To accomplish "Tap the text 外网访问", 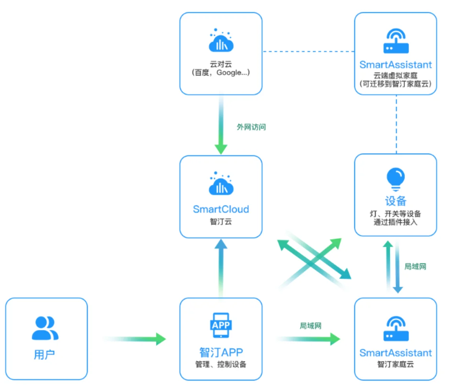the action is tap(251, 127).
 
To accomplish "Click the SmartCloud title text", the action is tap(221, 209).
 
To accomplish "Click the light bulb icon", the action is tap(396, 179).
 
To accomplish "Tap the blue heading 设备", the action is tap(396, 201).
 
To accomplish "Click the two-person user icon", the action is tap(45, 328).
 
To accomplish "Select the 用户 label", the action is tap(44, 354).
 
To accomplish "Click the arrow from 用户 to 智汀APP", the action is tap(134, 339).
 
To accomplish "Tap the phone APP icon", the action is tap(221, 325).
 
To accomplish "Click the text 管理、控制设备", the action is tap(221, 364).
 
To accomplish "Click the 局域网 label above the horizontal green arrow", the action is tap(311, 326).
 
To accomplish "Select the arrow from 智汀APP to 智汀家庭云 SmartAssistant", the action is tap(308, 339).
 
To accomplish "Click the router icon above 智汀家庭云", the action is tap(396, 329).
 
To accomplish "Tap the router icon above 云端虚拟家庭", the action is tap(396, 41).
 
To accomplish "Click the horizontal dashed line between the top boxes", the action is tap(309, 51).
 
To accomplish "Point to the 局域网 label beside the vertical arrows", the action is tap(415, 267).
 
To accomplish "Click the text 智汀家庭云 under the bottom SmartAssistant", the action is tap(396, 364).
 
